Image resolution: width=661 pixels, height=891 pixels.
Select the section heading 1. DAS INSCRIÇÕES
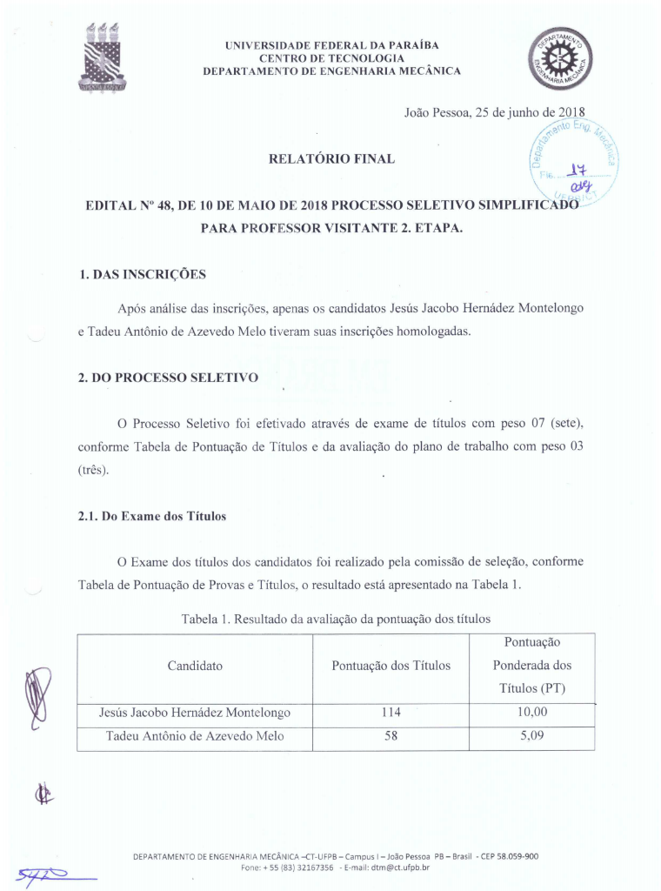click(x=142, y=275)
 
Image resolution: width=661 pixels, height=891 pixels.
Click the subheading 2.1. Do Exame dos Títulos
click(x=152, y=516)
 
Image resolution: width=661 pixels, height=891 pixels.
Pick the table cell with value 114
click(x=391, y=713)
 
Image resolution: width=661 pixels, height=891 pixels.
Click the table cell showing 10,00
click(x=531, y=713)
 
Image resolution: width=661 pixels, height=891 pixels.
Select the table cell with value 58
click(x=391, y=737)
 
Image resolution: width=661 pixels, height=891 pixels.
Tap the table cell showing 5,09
click(x=531, y=737)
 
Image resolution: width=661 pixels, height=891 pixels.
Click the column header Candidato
click(x=195, y=666)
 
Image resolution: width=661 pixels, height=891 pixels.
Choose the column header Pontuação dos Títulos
click(x=391, y=666)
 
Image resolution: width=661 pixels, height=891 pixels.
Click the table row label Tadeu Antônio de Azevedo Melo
click(x=195, y=737)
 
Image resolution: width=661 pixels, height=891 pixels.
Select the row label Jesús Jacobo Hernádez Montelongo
click(x=195, y=713)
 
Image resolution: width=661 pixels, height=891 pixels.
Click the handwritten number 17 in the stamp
click(x=575, y=171)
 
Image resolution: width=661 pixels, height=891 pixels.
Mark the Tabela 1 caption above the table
click(x=336, y=619)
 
